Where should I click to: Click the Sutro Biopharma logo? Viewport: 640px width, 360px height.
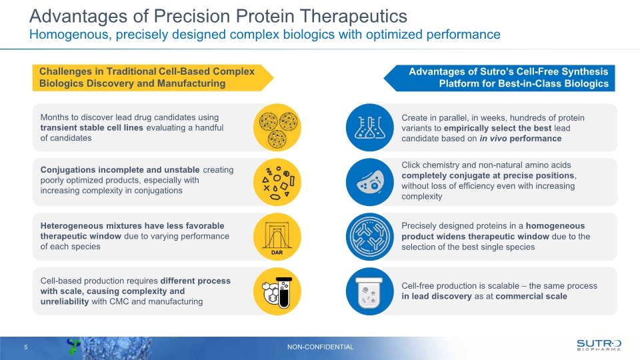tap(599, 344)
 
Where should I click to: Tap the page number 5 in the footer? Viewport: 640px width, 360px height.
tap(25, 347)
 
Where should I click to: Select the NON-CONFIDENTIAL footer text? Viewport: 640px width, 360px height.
tap(320, 347)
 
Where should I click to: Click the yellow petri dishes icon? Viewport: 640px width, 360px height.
tap(277, 127)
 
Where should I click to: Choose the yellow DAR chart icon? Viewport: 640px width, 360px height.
tap(277, 237)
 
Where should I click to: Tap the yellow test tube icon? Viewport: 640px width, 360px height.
tap(277, 291)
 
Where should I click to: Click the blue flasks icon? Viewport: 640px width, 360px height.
tap(369, 127)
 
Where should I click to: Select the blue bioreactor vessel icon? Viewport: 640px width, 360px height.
tap(369, 291)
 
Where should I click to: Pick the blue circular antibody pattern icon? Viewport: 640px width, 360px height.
tap(369, 237)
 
